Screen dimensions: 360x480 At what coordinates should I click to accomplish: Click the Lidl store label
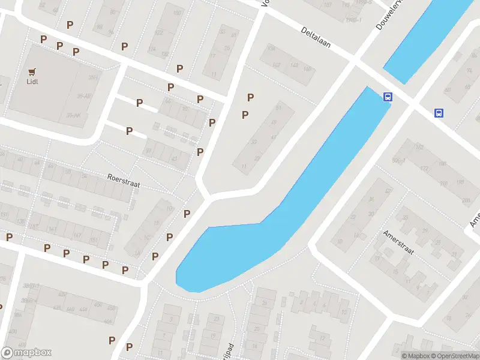[32, 82]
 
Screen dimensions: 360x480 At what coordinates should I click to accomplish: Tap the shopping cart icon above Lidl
[32, 71]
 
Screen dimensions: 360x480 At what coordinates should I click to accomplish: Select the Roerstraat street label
[123, 181]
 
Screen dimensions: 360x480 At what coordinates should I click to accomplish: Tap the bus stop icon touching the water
[388, 97]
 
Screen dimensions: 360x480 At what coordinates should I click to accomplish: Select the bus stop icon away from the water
[439, 112]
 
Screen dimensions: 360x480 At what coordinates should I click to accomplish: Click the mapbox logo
[26, 353]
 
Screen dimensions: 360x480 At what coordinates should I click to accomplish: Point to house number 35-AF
[83, 96]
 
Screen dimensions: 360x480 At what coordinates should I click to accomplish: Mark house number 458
[112, 308]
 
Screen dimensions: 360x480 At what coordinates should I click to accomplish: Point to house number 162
[277, 65]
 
